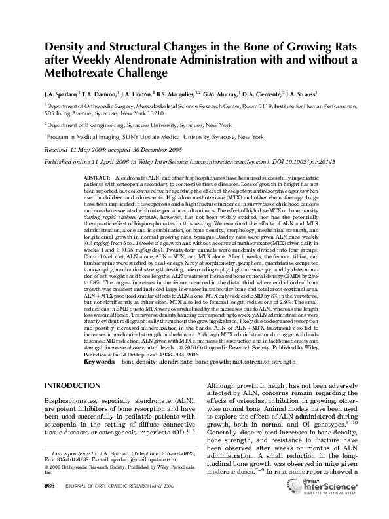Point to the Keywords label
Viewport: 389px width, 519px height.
(100, 342)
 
